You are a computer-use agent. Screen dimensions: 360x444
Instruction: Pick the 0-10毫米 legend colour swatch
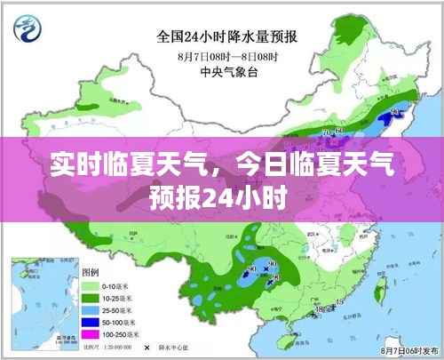91,287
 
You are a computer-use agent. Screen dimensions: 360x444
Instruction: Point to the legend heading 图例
91,272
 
